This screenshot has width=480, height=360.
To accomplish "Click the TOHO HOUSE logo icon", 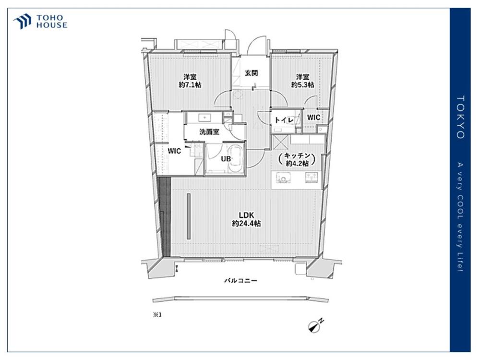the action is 23,22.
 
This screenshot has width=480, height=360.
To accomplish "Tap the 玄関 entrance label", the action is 251,73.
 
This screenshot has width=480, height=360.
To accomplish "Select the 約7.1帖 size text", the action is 190,85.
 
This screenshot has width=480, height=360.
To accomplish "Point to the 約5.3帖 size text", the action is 302,85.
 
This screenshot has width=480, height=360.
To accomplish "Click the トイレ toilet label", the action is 284,120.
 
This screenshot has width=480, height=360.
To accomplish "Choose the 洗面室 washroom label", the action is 209,132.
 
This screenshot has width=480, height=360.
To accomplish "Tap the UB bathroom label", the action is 226,159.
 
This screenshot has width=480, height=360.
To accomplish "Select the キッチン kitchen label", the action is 297,156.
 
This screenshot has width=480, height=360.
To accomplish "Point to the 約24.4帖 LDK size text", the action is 246,224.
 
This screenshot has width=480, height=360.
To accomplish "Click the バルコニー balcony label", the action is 240,280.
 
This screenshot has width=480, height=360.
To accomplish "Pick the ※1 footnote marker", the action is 157,315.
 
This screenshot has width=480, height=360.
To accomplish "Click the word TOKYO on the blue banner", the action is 460,117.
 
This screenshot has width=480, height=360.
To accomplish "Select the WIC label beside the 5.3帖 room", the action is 314,118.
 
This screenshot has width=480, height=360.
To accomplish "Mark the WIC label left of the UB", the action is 174,151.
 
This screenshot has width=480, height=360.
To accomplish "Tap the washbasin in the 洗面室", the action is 203,117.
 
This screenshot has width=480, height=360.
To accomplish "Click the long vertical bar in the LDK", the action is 189,216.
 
